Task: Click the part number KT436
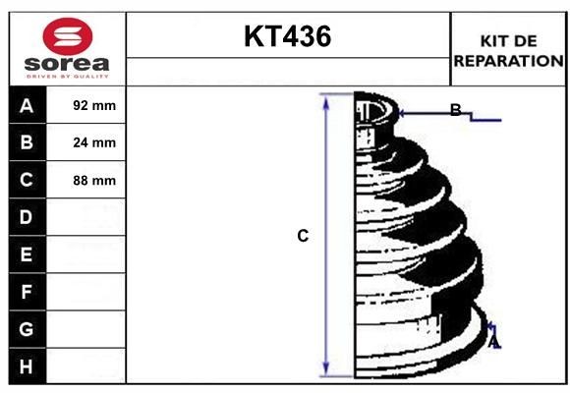coord(287,37)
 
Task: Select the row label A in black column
coord(27,105)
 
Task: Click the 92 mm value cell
coord(94,105)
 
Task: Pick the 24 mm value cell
coord(94,142)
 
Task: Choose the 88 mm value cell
coord(94,180)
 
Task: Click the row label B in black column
coord(27,142)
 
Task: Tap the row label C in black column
coord(27,180)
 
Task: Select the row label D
coord(27,216)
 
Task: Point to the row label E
coord(27,254)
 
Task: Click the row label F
coord(27,292)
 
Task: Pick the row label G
coord(27,329)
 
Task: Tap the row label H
coord(27,366)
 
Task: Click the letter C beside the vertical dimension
coord(303,236)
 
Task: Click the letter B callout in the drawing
coord(455,110)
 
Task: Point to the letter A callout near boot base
coord(494,341)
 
